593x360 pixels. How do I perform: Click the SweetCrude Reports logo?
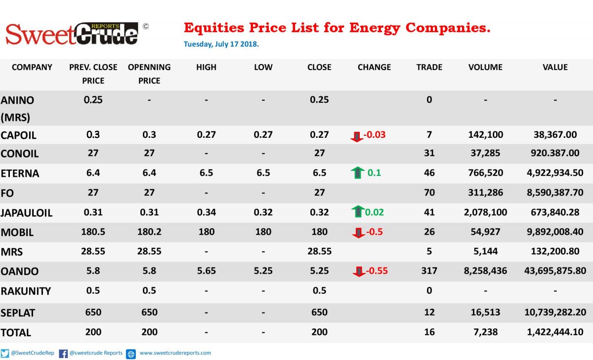pyautogui.click(x=72, y=34)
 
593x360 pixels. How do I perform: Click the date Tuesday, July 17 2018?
pyautogui.click(x=221, y=44)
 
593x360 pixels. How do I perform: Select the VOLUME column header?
pyautogui.click(x=485, y=67)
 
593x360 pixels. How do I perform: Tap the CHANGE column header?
pyautogui.click(x=374, y=67)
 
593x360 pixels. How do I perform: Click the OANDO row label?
pyautogui.click(x=20, y=272)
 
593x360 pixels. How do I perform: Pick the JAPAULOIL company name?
pyautogui.click(x=27, y=213)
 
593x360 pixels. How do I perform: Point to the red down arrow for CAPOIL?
pyautogui.click(x=357, y=137)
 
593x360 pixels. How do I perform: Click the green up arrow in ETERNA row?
pyautogui.click(x=357, y=173)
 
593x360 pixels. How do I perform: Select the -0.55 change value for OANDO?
pyautogui.click(x=377, y=271)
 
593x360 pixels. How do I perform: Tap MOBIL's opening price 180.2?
pyautogui.click(x=149, y=232)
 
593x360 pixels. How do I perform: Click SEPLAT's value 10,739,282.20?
pyautogui.click(x=555, y=313)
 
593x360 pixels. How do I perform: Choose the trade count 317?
pyautogui.click(x=429, y=271)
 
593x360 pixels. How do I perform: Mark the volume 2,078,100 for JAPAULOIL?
pyautogui.click(x=485, y=212)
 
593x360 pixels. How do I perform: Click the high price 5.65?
pyautogui.click(x=206, y=271)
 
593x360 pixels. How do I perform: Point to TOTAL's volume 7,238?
pyautogui.click(x=485, y=332)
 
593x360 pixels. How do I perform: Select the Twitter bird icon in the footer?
pyautogui.click(x=4, y=354)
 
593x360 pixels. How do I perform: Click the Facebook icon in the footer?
pyautogui.click(x=63, y=354)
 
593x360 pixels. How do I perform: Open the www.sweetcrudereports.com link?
pyautogui.click(x=175, y=353)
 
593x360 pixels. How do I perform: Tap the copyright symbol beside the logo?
pyautogui.click(x=146, y=27)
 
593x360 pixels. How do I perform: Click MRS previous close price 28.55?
pyautogui.click(x=93, y=251)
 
